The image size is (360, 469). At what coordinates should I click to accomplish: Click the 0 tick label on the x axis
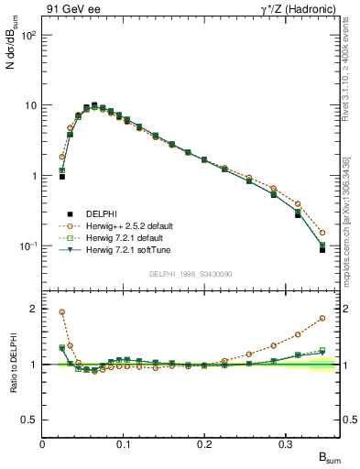click(42, 443)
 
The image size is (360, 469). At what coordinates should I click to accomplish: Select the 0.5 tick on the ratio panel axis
click(29, 420)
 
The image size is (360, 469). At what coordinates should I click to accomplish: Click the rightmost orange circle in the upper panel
click(322, 233)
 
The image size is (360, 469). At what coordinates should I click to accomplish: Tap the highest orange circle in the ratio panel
click(62, 311)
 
